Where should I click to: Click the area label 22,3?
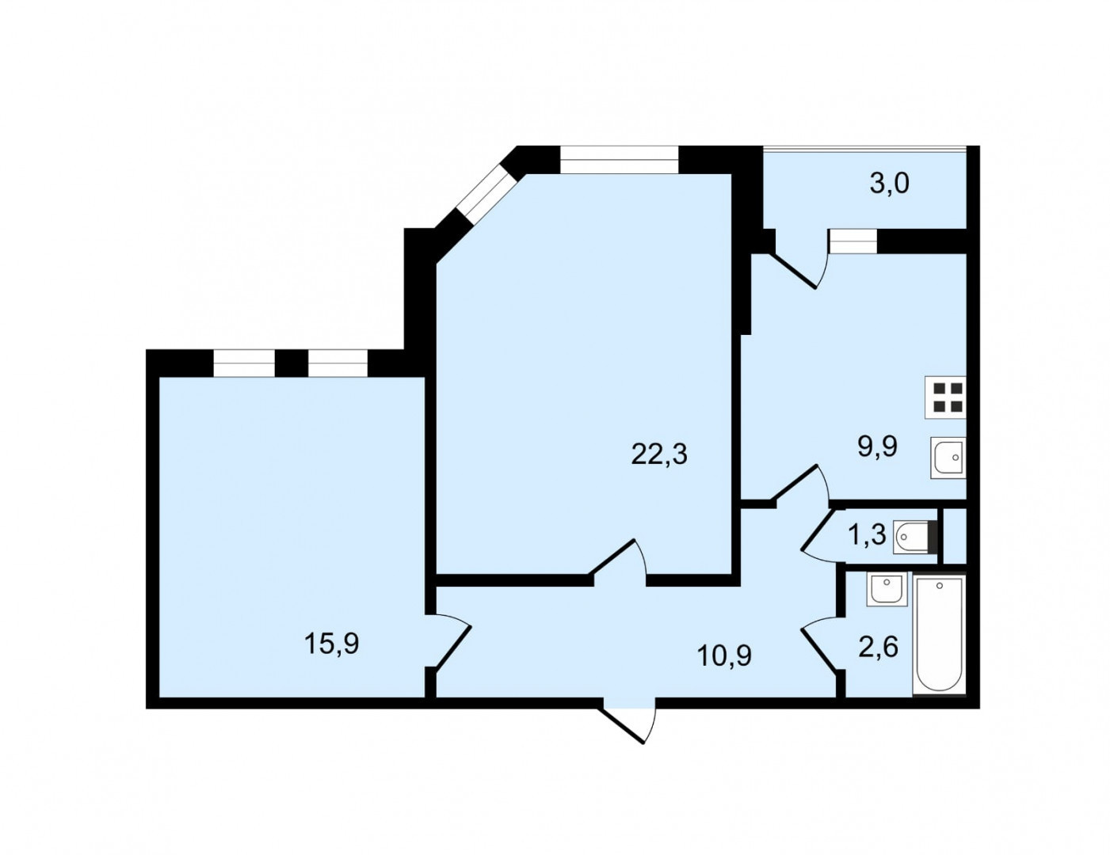659,454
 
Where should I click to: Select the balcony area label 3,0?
889,183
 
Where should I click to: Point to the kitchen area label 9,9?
878,447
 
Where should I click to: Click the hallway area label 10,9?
724,655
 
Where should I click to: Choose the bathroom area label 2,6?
878,648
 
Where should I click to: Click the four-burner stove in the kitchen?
945,397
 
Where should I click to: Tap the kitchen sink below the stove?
948,458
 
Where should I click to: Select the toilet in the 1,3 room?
915,537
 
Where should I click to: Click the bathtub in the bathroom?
939,635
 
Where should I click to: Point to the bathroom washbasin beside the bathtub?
887,589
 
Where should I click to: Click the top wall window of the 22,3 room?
619,160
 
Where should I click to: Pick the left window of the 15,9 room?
244,363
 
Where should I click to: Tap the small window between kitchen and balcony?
853,241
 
